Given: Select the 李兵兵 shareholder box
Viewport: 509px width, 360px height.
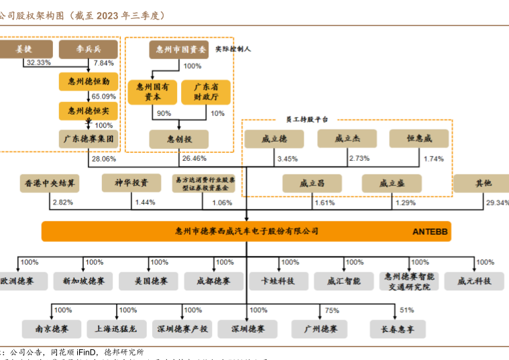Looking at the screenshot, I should click(88, 49).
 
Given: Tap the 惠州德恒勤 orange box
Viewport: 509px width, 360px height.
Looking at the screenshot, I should click(88, 82).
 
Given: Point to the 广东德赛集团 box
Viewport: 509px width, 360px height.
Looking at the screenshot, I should click(88, 139).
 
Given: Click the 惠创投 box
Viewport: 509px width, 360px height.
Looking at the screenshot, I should click(179, 139).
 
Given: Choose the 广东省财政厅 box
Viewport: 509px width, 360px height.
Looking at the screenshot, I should click(205, 92).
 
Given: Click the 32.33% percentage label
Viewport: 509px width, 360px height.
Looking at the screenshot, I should click(38, 62).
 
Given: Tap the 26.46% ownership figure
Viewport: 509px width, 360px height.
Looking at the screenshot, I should click(194, 159).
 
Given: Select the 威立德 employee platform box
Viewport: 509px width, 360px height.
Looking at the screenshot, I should click(274, 139).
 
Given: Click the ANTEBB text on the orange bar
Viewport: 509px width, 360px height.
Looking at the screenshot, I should click(430, 231).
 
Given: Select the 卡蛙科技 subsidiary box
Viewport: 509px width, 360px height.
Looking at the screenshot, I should click(278, 281).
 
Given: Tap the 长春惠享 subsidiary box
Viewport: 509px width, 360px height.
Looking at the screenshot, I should click(398, 328).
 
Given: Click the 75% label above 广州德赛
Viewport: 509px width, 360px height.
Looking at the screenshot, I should click(332, 310).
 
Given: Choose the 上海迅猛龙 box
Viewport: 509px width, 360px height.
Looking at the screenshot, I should click(116, 328).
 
